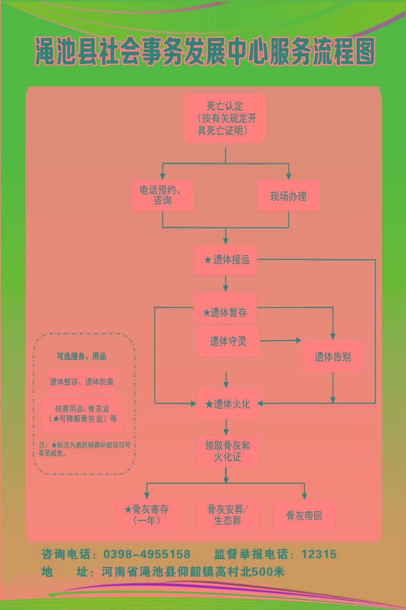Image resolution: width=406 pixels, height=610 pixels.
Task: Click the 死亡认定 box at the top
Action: pos(225,118)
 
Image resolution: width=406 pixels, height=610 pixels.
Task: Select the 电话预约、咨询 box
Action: pos(163,196)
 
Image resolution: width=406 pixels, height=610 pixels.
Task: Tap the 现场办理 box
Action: pos(288,196)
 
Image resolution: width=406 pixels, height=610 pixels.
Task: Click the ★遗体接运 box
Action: pos(225,260)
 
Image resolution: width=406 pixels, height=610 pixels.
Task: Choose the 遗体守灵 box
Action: pos(228,341)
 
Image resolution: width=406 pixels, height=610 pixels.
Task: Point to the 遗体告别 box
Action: pos(333,356)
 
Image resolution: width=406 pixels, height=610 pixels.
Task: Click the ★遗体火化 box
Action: pos(228,404)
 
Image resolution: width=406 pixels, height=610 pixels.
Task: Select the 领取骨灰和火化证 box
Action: pos(227,451)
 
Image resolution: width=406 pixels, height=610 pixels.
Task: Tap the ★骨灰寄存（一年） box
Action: pos(147,515)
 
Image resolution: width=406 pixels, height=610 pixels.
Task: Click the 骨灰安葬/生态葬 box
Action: pos(227,515)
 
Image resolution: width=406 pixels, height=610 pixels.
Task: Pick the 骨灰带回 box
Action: pos(304,515)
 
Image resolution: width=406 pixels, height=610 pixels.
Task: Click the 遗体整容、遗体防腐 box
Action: pos(82,381)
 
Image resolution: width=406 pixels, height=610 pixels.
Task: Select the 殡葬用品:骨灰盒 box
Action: pos(82,414)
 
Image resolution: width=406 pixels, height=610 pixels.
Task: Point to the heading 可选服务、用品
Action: pos(82,356)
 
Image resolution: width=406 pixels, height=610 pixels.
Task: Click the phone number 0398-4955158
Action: pos(147,554)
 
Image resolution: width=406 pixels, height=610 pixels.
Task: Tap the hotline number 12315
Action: pos(319,554)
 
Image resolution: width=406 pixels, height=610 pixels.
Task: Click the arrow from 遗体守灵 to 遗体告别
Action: pos(281,340)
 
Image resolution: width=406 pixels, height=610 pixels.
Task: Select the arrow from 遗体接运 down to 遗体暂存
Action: pos(225,284)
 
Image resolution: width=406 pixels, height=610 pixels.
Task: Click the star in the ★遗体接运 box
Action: pos(208,260)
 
